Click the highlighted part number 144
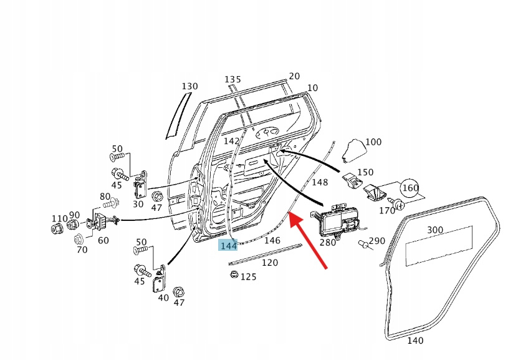(228, 246)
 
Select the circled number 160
(410, 188)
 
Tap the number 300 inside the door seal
(435, 230)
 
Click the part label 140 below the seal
(415, 341)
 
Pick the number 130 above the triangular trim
(189, 86)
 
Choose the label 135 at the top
(233, 79)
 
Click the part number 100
(373, 142)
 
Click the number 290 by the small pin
(376, 241)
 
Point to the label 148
(320, 182)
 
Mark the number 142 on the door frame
(231, 142)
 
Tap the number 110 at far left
(59, 218)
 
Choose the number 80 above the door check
(105, 197)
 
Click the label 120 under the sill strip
(269, 263)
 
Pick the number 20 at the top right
(294, 75)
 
